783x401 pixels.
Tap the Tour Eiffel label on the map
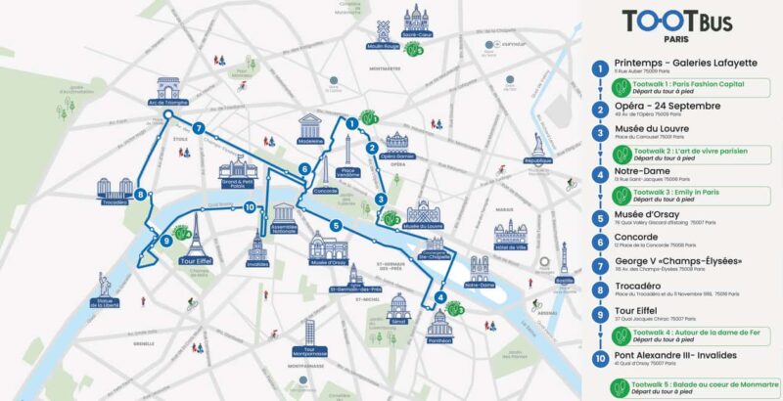[x=196, y=261]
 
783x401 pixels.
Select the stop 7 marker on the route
[x=199, y=128]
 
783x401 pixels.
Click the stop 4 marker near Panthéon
[x=440, y=298]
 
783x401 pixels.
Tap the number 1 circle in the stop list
[x=599, y=67]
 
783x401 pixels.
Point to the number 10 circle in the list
[x=599, y=356]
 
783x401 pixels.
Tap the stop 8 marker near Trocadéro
[x=142, y=195]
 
